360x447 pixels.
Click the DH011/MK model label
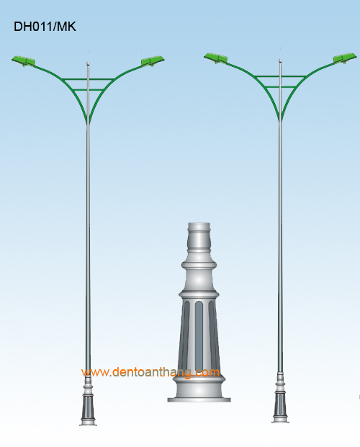tap(45, 27)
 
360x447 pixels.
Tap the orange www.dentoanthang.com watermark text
tap(150, 372)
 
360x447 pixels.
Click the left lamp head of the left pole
tap(23, 61)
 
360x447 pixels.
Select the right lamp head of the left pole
tap(153, 61)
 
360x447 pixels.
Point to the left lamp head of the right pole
tap(216, 58)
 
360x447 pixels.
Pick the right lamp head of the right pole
tap(345, 58)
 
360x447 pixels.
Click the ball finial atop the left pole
tap(88, 63)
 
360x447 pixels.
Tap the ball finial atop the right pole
tap(280, 60)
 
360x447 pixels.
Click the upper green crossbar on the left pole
tap(88, 79)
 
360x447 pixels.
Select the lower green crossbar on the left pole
tap(88, 90)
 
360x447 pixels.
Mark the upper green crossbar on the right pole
tap(280, 76)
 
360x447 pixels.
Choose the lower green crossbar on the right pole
tap(280, 87)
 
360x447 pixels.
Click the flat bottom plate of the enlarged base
tap(199, 400)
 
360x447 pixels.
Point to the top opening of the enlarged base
tap(199, 226)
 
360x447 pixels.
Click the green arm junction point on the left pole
tap(88, 122)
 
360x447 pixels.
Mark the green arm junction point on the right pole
tap(280, 119)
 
